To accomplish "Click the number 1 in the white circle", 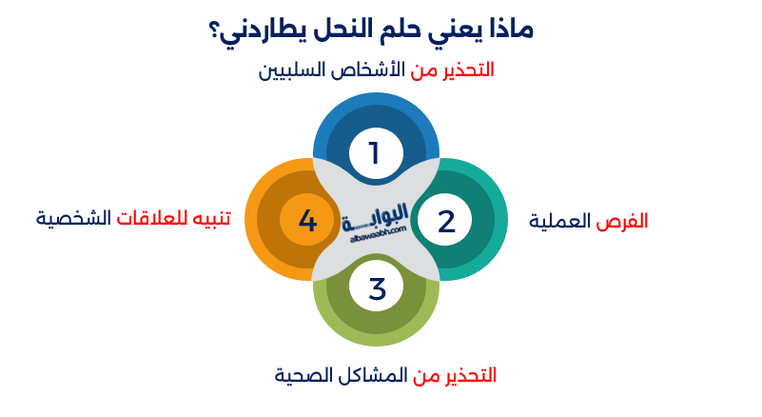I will tap(374, 152).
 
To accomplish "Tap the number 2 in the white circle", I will tap(447, 221).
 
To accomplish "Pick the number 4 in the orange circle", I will tap(307, 221).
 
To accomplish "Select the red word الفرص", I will tap(622, 221).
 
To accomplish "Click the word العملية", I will tap(562, 221).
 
